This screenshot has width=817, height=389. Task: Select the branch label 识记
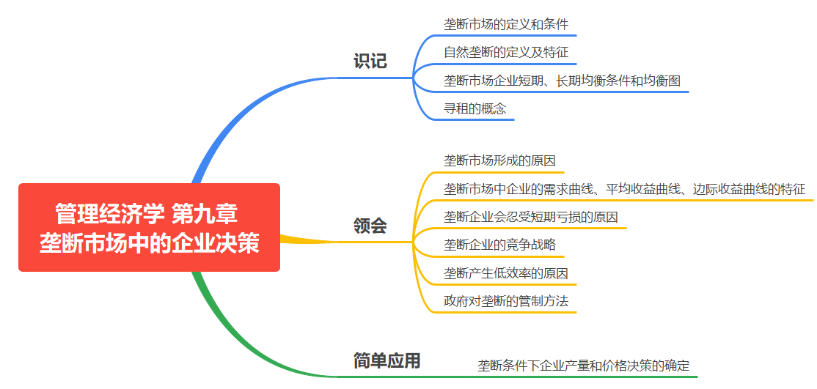[x=370, y=62]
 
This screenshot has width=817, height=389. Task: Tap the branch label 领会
[x=370, y=226]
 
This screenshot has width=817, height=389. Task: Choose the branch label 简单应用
[x=386, y=360]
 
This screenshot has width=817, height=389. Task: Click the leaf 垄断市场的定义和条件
[x=506, y=24]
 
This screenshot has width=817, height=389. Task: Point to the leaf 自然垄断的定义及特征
[x=506, y=52]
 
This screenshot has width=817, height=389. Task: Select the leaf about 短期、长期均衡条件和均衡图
[x=562, y=80]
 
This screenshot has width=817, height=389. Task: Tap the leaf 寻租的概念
[x=475, y=108]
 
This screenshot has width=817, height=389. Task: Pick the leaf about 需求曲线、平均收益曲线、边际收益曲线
[x=624, y=189]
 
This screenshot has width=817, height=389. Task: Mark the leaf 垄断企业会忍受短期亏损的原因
[x=530, y=217]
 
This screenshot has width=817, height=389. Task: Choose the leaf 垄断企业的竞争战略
[x=499, y=245]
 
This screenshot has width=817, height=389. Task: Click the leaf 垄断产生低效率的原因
[x=506, y=273]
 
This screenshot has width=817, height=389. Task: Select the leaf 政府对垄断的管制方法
[x=506, y=301]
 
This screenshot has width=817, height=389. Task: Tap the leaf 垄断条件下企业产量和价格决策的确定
[x=584, y=365]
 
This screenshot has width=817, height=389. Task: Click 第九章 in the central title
[x=205, y=213]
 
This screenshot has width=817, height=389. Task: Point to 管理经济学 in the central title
[x=109, y=213]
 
